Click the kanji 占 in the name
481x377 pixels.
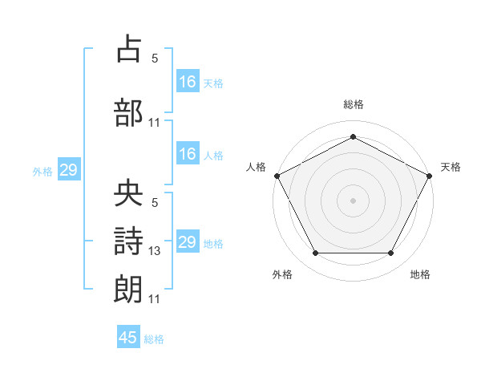click(x=128, y=48)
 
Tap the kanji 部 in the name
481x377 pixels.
click(x=128, y=112)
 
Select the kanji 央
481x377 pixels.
click(x=128, y=192)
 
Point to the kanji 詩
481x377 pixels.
click(x=128, y=241)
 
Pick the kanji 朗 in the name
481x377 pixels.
click(x=128, y=290)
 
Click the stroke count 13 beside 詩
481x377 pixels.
click(x=154, y=251)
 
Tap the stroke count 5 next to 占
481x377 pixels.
click(x=155, y=58)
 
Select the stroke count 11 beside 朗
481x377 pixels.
click(x=154, y=299)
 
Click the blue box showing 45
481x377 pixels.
click(x=128, y=336)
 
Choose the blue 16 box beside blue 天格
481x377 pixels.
click(x=188, y=81)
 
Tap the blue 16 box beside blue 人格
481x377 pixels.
click(x=188, y=153)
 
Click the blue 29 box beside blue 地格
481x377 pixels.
click(x=188, y=241)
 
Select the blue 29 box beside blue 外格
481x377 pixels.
click(x=69, y=169)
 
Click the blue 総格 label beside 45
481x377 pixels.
click(x=154, y=339)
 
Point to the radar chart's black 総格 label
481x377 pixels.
click(x=354, y=104)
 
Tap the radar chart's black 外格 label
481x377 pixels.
click(x=282, y=274)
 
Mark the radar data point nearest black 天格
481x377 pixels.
click(x=430, y=176)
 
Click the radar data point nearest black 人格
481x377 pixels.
click(x=277, y=176)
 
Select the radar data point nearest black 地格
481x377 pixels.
click(x=391, y=253)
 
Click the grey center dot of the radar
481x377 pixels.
click(x=353, y=201)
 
